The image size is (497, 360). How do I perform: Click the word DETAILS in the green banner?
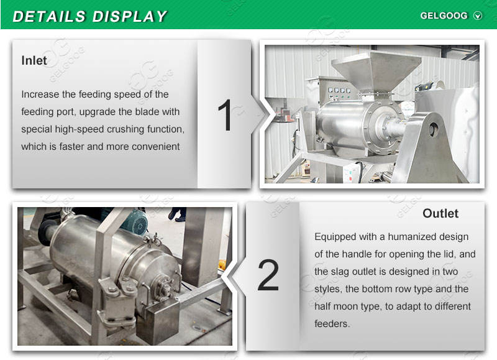pos(49,17)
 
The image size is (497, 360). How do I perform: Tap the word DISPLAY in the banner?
pos(129,17)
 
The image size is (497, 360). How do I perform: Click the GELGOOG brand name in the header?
pos(444,16)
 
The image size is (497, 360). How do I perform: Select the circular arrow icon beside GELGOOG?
pos(478,16)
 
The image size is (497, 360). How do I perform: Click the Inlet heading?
pos(34,60)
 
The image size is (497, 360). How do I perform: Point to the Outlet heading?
pos(440,213)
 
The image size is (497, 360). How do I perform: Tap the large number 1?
pos(226,115)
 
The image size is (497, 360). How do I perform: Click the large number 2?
pos(268,275)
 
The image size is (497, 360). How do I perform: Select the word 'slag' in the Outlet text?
pos(339,272)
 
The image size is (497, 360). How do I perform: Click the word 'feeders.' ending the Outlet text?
pos(332,324)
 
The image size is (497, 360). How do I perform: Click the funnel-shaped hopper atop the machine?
pos(376,72)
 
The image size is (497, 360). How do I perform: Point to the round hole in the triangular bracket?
pos(433,129)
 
